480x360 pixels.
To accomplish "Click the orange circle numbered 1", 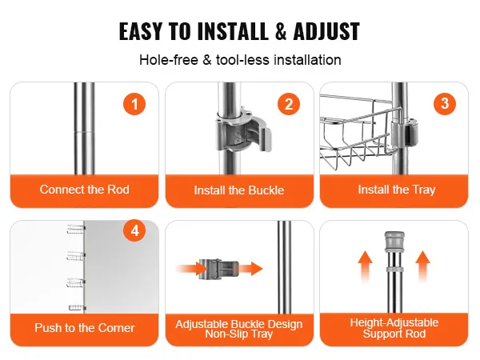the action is pyautogui.click(x=134, y=104).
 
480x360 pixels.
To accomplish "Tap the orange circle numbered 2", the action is pyautogui.click(x=289, y=104).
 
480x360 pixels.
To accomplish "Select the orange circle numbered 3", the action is pyautogui.click(x=445, y=104).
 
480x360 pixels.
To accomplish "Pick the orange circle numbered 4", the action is pyautogui.click(x=134, y=230).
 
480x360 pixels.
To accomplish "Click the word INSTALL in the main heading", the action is pyautogui.click(x=233, y=31).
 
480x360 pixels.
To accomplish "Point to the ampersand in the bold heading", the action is pyautogui.click(x=281, y=31).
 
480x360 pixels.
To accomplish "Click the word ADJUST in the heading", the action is pyautogui.click(x=326, y=31).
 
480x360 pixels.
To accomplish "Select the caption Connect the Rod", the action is pyautogui.click(x=85, y=190).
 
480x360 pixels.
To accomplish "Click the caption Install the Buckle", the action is pyautogui.click(x=239, y=190).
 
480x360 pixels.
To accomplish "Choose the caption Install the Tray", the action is pyautogui.click(x=397, y=190).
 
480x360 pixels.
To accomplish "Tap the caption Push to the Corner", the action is pyautogui.click(x=85, y=328).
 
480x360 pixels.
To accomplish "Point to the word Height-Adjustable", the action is pyautogui.click(x=394, y=322).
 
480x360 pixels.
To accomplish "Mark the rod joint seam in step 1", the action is pyautogui.click(x=85, y=132).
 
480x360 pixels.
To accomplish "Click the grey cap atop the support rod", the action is pyautogui.click(x=394, y=241).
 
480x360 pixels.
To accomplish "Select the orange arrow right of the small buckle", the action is pyautogui.click(x=250, y=269).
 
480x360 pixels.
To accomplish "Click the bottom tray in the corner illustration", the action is pyautogui.click(x=77, y=308).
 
